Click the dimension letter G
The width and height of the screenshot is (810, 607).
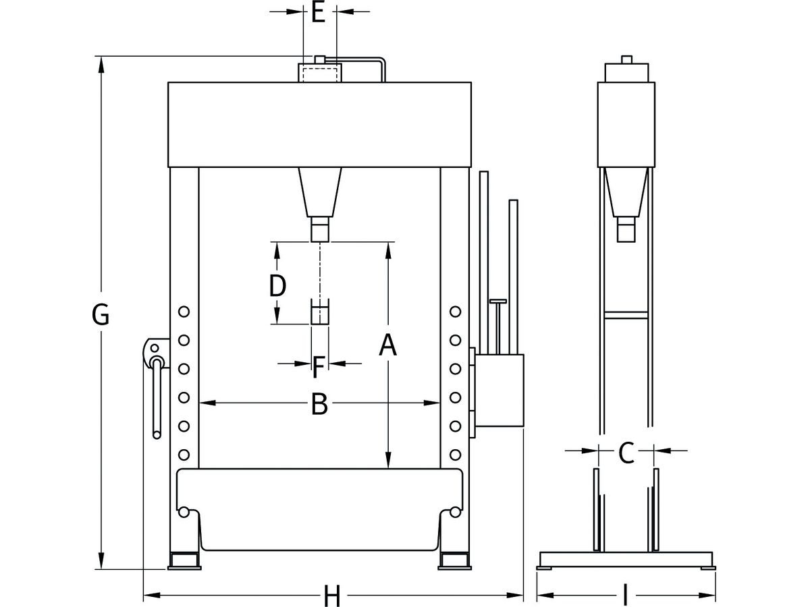[x=100, y=315]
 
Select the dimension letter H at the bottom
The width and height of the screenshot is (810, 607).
[x=331, y=596]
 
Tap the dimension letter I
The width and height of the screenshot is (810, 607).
[x=625, y=596]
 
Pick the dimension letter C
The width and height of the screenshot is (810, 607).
[x=626, y=453]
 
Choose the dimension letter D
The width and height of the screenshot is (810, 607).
[x=277, y=287]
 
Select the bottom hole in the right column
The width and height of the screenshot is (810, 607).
[x=456, y=454]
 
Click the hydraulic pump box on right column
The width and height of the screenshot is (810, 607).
[x=500, y=391]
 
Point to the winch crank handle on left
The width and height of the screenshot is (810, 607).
[x=157, y=398]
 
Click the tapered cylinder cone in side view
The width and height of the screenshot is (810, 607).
[x=626, y=192]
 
